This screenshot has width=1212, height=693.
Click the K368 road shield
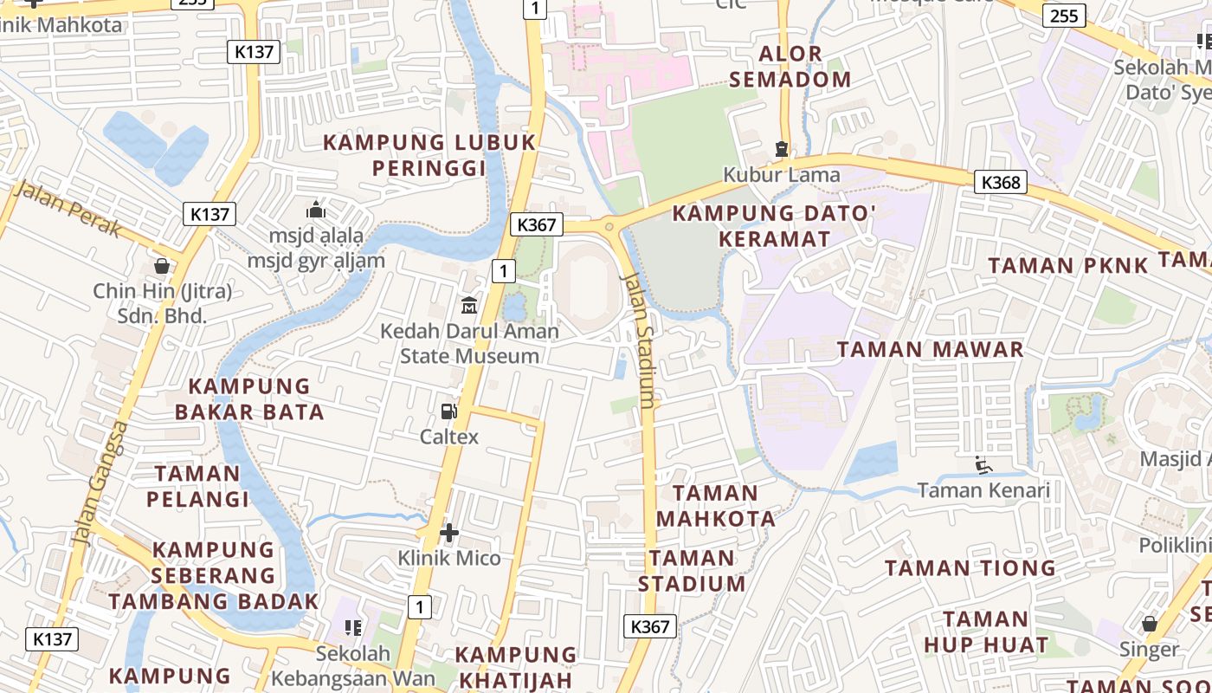[1002, 182]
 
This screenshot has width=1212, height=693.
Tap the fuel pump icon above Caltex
[449, 411]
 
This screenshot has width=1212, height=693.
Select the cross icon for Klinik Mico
[449, 533]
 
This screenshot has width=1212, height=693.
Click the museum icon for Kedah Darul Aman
[469, 305]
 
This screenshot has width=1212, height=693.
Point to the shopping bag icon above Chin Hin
[162, 266]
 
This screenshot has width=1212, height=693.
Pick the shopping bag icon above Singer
[1149, 624]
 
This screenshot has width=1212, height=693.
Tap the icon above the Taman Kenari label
[983, 465]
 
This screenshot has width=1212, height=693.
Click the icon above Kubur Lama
[782, 149]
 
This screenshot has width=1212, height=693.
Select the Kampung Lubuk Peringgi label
[429, 155]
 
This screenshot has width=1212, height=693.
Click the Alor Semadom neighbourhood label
[790, 67]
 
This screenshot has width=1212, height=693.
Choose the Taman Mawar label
[931, 350]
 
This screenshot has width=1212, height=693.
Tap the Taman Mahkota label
[715, 506]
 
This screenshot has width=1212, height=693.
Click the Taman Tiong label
[970, 568]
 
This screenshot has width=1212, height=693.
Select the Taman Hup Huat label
[986, 631]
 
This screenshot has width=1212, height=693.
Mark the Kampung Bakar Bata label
[250, 398]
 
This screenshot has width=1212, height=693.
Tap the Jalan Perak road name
[68, 209]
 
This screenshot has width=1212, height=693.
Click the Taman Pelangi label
[197, 486]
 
